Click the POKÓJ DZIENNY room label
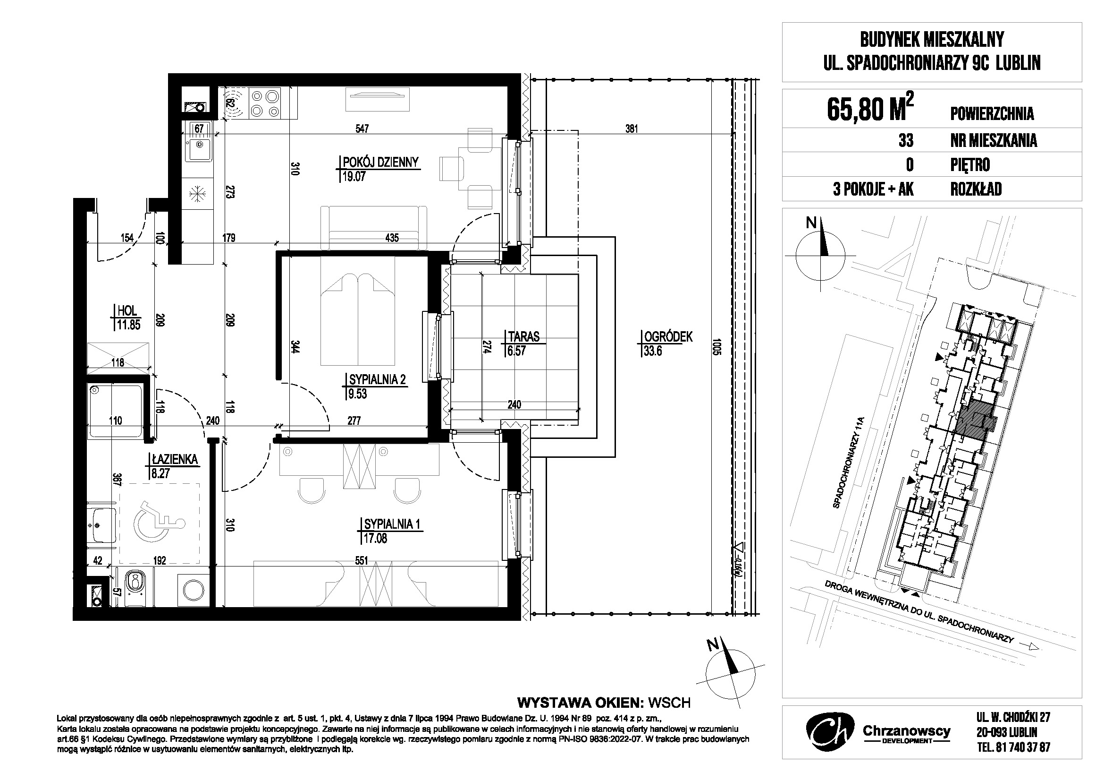[380, 162]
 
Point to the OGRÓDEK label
[668, 337]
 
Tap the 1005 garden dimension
[717, 347]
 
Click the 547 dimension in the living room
[362, 129]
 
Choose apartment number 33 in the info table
[906, 140]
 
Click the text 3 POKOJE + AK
[873, 189]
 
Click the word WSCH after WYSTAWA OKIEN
[669, 703]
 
